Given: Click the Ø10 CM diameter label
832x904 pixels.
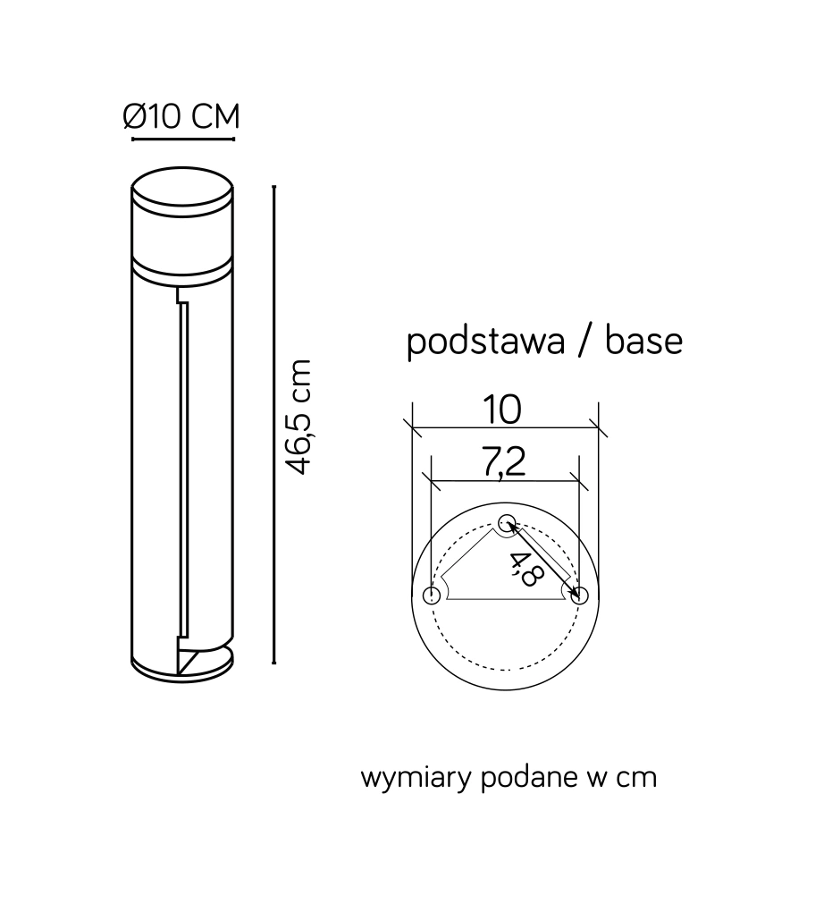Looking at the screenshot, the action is [x=181, y=116].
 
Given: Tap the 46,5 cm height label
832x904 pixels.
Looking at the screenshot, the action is [x=299, y=417].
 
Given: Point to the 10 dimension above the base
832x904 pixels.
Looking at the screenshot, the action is [x=502, y=410].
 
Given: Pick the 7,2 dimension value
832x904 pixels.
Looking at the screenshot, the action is [x=505, y=461].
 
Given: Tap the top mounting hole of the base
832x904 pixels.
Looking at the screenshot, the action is [x=507, y=522].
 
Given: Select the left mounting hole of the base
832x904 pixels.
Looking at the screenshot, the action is [x=432, y=596].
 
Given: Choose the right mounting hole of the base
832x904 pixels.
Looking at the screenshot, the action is [x=580, y=596].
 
